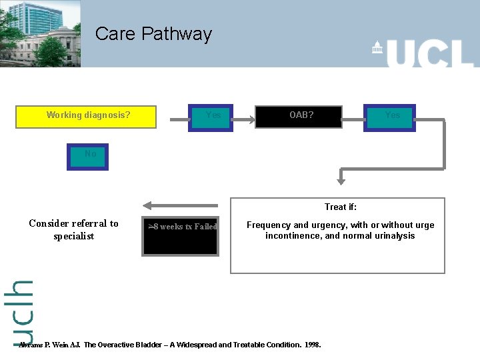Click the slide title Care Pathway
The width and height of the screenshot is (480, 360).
point(153,34)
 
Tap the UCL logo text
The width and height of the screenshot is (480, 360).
point(430,53)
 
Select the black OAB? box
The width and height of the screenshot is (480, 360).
point(301,115)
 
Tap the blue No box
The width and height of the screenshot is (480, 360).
point(87,156)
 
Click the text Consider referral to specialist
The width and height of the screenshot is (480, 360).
point(73,230)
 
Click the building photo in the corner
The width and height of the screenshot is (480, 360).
point(40,33)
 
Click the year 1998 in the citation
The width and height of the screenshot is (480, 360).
point(312,345)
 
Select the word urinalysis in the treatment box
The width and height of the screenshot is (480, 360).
point(393,236)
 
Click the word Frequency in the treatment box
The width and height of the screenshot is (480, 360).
point(268,225)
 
